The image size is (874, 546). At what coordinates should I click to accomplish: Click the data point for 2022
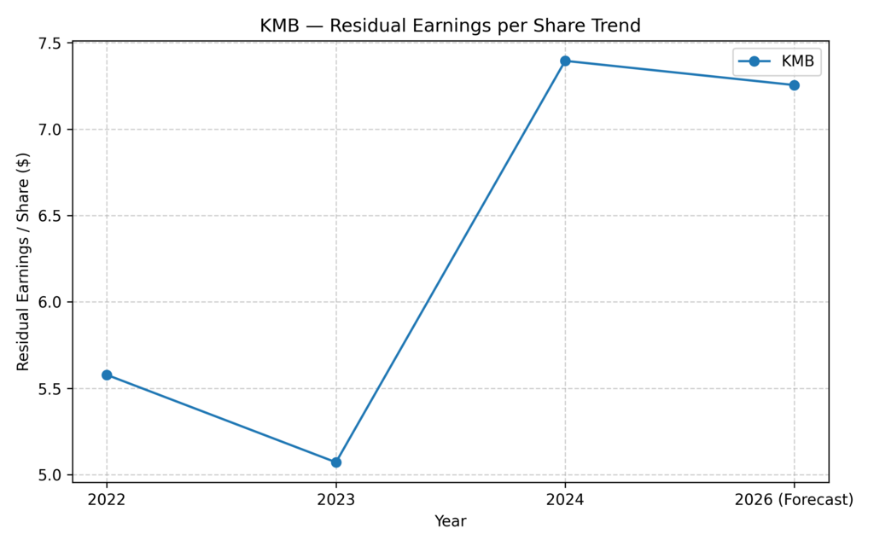tap(107, 375)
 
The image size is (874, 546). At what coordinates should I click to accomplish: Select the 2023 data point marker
tap(336, 462)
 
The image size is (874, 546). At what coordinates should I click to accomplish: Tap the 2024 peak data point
tap(565, 61)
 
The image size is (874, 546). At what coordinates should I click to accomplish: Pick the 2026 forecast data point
tap(794, 85)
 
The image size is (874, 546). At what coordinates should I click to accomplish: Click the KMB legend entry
tap(776, 61)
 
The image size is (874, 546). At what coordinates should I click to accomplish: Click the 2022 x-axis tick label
tap(107, 500)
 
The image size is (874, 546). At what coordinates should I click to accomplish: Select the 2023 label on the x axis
tap(336, 500)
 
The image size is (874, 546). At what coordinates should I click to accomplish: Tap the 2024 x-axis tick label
tap(565, 500)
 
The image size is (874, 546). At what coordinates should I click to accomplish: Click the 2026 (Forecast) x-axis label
tap(794, 500)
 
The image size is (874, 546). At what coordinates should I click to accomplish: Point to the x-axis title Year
tap(450, 520)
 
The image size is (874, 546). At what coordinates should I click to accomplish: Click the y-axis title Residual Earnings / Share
tap(23, 262)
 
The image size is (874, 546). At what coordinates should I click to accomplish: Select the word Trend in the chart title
tap(615, 26)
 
